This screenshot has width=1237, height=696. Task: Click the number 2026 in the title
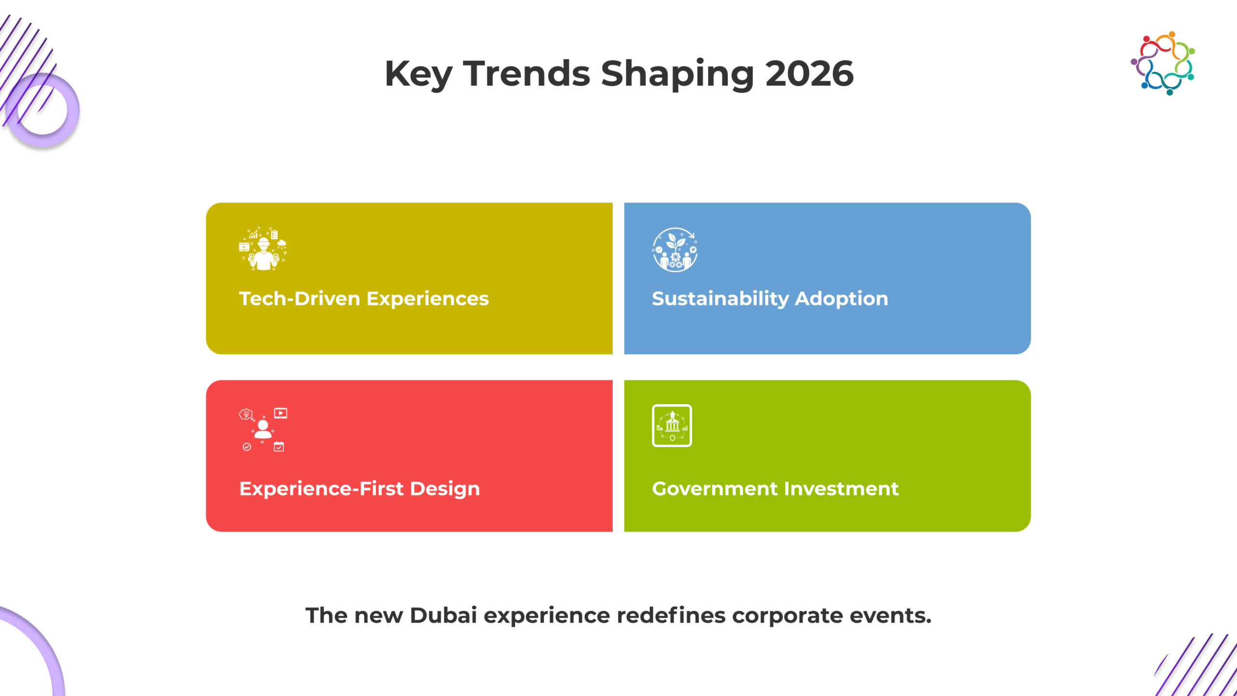point(809,74)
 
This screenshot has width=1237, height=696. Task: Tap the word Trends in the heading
point(527,74)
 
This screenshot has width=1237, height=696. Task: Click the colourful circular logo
point(1163,63)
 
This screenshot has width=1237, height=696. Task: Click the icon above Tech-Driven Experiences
point(263,249)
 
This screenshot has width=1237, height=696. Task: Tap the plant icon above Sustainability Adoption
point(675,250)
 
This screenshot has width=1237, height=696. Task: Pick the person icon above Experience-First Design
point(263,429)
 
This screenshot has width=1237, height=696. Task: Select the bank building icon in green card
point(672,426)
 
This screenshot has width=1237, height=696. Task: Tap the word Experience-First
point(321,489)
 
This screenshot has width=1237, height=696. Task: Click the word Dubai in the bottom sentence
point(443,615)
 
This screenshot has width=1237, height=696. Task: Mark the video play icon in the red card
point(281,413)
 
